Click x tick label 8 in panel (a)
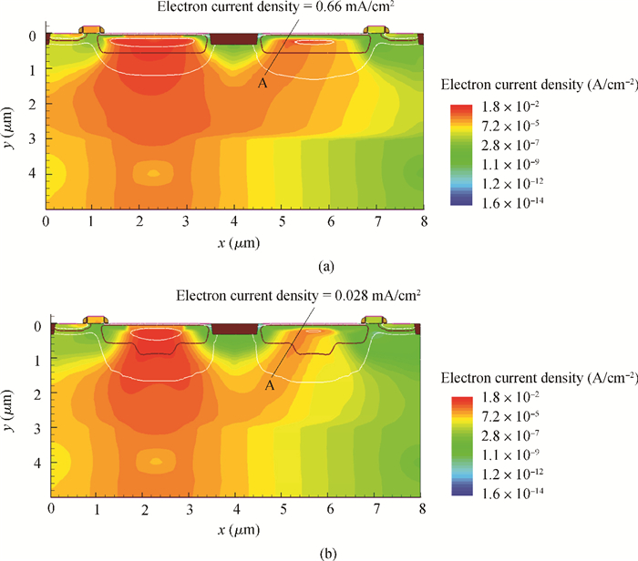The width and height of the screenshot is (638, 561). [423, 221]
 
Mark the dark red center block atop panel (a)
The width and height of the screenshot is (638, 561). [233, 38]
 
